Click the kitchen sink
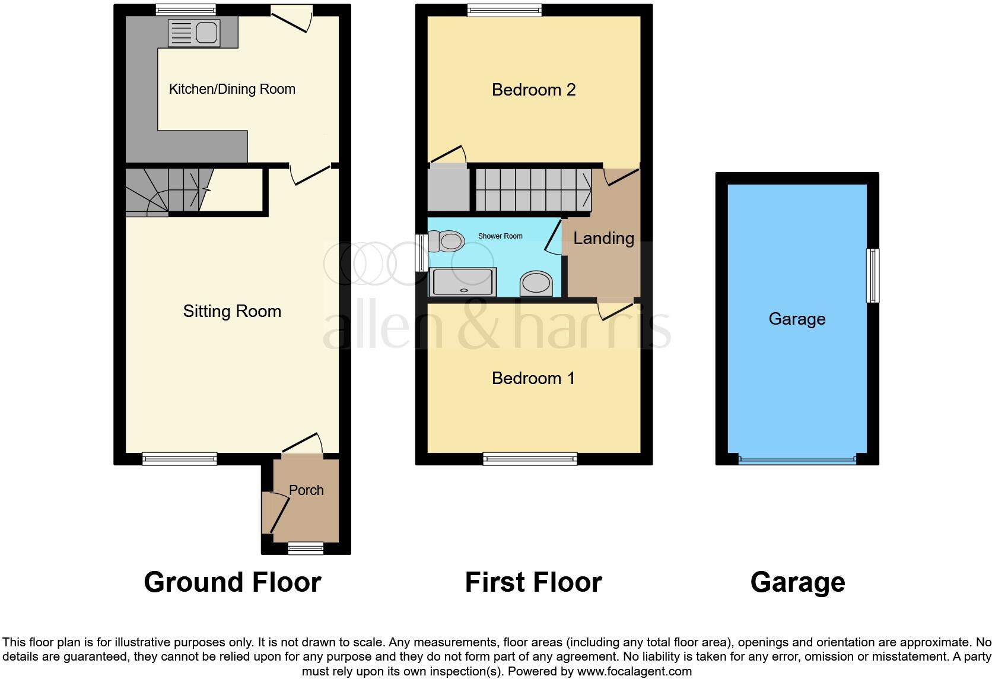(194, 33)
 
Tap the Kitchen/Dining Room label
(232, 89)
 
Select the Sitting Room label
(232, 311)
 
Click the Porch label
(306, 490)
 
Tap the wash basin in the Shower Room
(536, 284)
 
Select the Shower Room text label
(500, 236)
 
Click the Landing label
(603, 238)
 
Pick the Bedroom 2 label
(533, 90)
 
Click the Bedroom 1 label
(533, 378)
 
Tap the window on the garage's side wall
(872, 276)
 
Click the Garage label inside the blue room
(797, 319)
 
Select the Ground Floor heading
(232, 582)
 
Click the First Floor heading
(533, 582)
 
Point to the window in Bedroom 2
(504, 10)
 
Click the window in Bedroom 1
(530, 458)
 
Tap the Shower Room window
(421, 253)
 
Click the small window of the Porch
(306, 548)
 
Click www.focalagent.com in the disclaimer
(634, 672)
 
